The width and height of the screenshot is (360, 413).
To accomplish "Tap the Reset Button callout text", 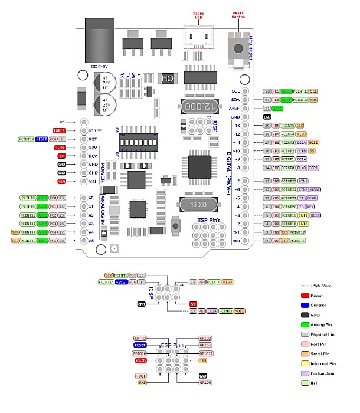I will (238, 14).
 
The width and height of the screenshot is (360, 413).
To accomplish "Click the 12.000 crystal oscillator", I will (198, 106).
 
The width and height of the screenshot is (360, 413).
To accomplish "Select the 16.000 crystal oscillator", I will (199, 204).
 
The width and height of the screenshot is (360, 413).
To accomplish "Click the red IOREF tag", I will (58, 130).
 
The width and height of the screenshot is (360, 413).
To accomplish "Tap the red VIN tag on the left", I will (61, 182).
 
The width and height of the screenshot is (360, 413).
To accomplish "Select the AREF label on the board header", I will (235, 109).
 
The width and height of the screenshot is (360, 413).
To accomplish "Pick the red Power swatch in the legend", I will (305, 294).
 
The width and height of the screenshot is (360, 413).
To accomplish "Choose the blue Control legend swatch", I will (305, 306).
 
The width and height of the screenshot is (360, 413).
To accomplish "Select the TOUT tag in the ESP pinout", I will (140, 375).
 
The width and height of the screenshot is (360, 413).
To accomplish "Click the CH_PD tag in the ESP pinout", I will (140, 338).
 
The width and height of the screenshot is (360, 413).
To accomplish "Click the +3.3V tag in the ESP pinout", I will (140, 360).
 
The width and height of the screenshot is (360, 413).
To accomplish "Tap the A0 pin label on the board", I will (91, 198).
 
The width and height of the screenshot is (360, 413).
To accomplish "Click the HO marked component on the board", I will (168, 78).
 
